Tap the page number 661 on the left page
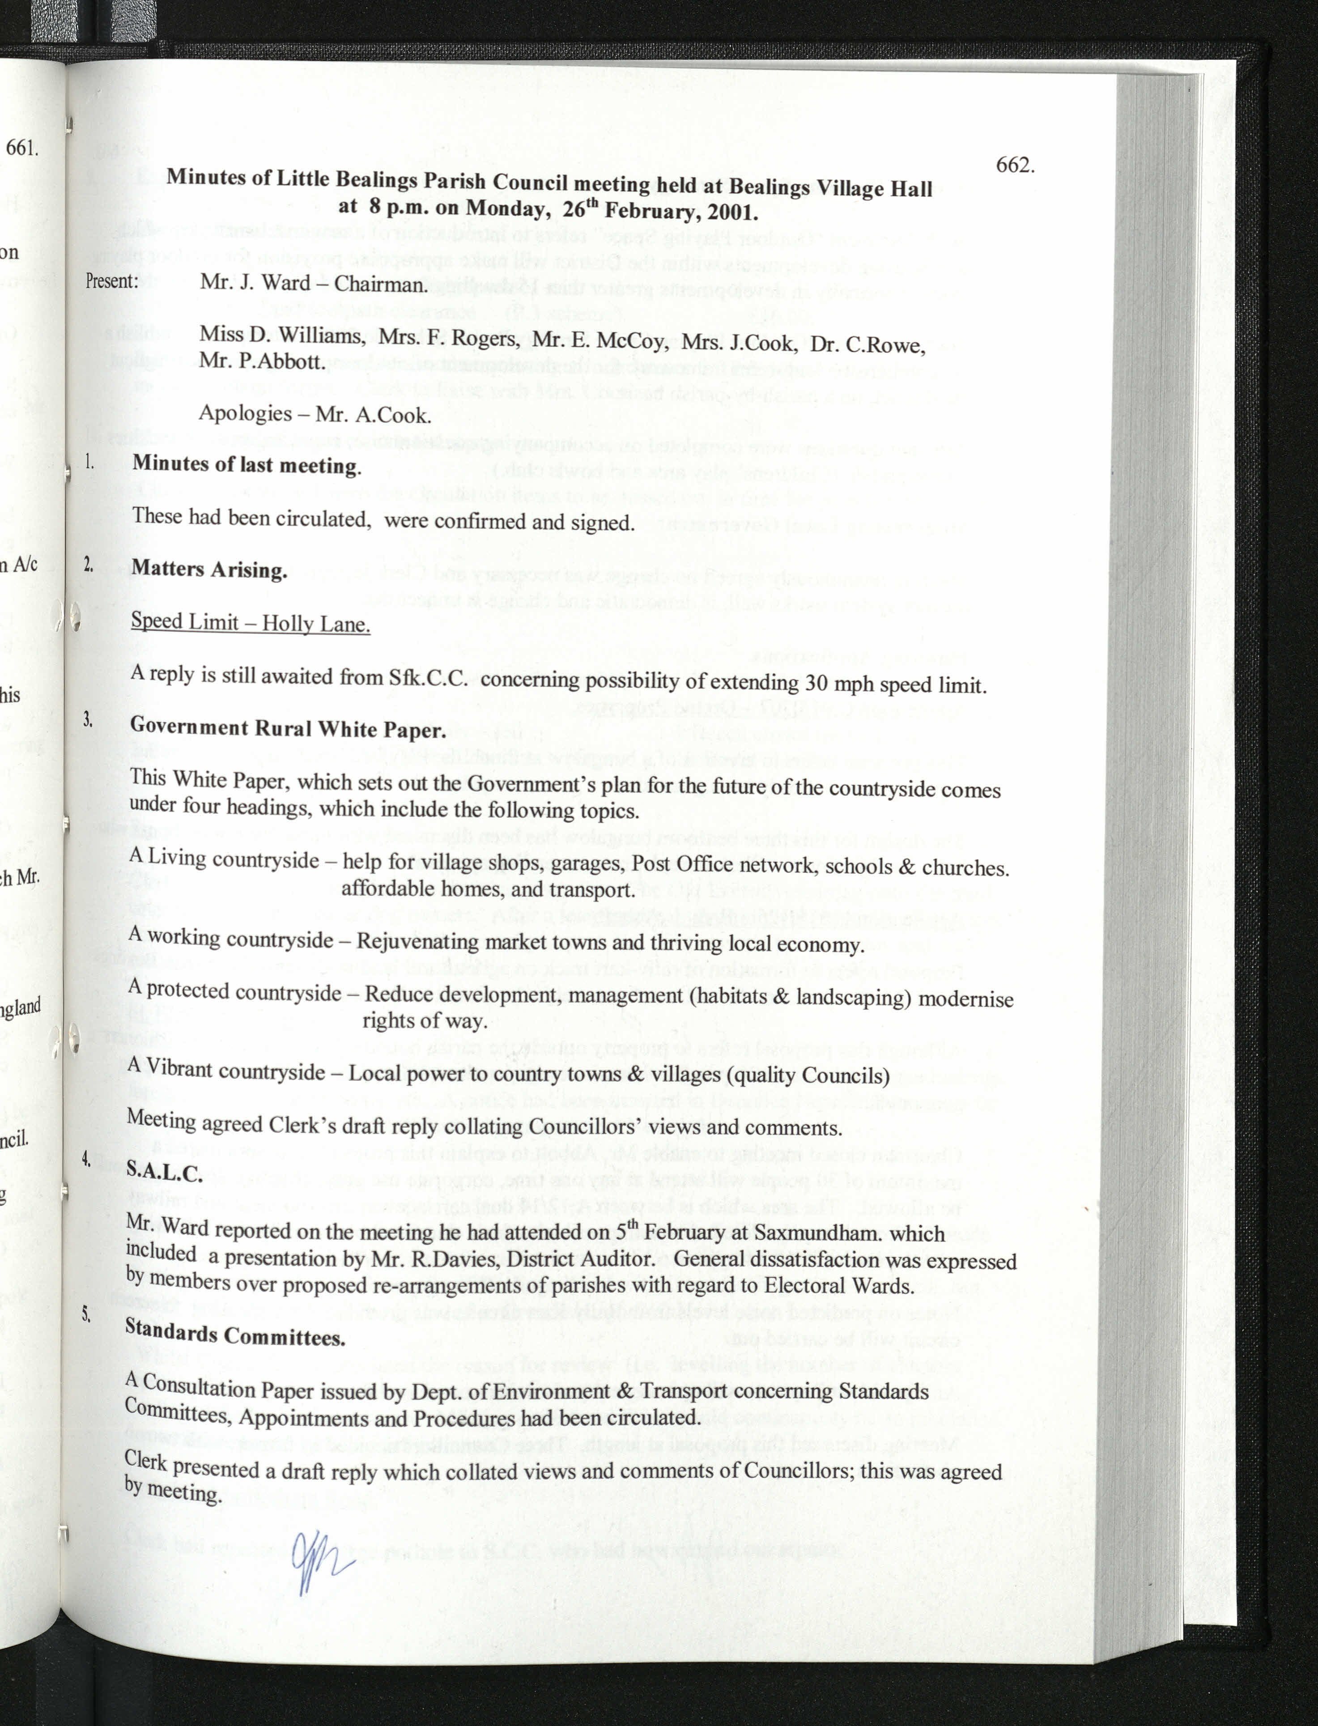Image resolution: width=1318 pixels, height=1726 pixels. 22,148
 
